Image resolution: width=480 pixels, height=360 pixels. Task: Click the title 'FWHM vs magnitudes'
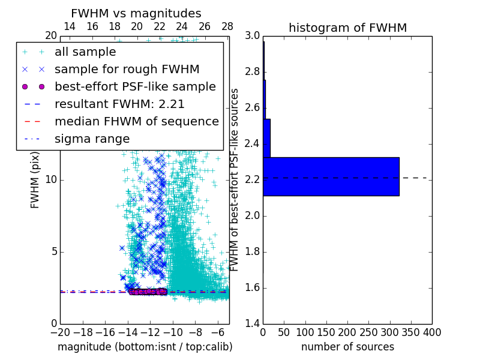(136, 13)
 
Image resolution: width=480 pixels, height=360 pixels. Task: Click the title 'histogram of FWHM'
(347, 28)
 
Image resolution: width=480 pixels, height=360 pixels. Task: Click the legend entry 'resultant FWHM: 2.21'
(119, 104)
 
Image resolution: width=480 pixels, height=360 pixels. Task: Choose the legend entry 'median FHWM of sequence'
(136, 121)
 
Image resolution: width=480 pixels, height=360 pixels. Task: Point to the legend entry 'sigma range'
(92, 139)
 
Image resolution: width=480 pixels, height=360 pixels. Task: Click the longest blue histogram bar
(331, 176)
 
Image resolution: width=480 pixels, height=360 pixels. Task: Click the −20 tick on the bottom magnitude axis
(60, 332)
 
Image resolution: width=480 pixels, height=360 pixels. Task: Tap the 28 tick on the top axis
(227, 27)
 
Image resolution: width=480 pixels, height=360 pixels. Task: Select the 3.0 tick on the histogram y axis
(253, 36)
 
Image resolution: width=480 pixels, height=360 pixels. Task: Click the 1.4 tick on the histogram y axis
(253, 323)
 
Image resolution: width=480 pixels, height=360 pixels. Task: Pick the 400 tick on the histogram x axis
(431, 332)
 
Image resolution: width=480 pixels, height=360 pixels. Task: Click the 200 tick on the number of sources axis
(347, 332)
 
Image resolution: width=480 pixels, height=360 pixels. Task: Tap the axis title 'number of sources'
(347, 347)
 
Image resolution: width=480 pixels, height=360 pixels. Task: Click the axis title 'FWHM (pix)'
(35, 179)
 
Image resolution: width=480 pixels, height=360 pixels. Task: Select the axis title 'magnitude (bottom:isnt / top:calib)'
(145, 347)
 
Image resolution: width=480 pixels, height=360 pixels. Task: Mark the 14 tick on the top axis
(70, 27)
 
